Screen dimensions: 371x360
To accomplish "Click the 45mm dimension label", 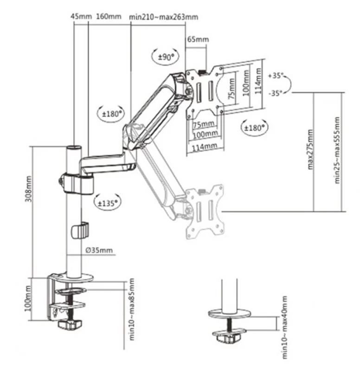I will coord(80,17).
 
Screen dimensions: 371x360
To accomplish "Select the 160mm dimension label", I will coord(108,17).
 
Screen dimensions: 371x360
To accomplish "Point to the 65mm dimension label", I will coord(198,39).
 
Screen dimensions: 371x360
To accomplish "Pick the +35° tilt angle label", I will coord(275,75).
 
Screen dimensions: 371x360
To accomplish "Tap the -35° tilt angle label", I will coord(275,93).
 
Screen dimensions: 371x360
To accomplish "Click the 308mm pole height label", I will coord(29,190).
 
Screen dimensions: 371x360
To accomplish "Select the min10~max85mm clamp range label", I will coord(132,310).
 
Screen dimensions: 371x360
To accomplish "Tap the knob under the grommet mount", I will coord(229,337).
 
